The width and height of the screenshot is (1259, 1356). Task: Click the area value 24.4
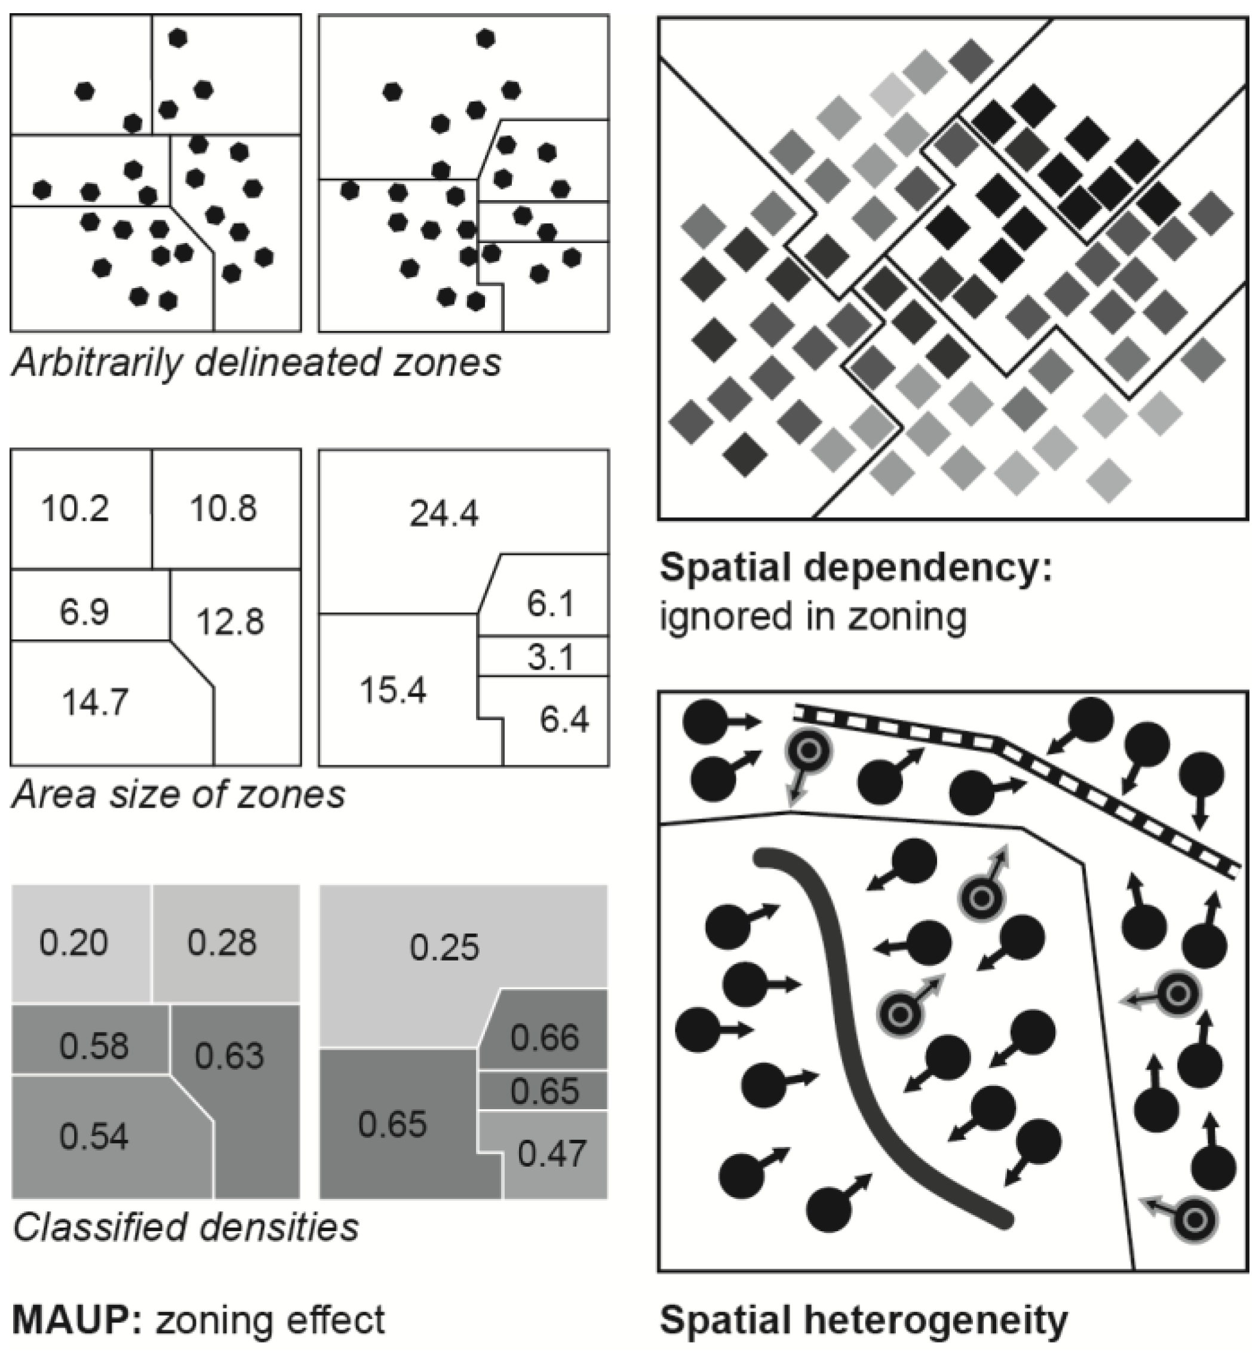pyautogui.click(x=444, y=513)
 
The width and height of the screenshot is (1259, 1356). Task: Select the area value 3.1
pyautogui.click(x=550, y=658)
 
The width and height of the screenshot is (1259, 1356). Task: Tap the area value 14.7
pyautogui.click(x=95, y=702)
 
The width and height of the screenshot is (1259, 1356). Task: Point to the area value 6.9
pyautogui.click(x=84, y=611)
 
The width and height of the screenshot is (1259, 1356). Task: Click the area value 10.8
pyautogui.click(x=223, y=508)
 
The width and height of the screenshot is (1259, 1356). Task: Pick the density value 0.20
pyautogui.click(x=73, y=943)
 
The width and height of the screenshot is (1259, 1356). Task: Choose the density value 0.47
pyautogui.click(x=551, y=1153)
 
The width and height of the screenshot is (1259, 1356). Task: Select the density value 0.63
pyautogui.click(x=229, y=1056)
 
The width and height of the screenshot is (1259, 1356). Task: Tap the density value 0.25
pyautogui.click(x=444, y=947)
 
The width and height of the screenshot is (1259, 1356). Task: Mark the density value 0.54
pyautogui.click(x=94, y=1137)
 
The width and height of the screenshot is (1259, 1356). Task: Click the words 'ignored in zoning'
pyautogui.click(x=813, y=616)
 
